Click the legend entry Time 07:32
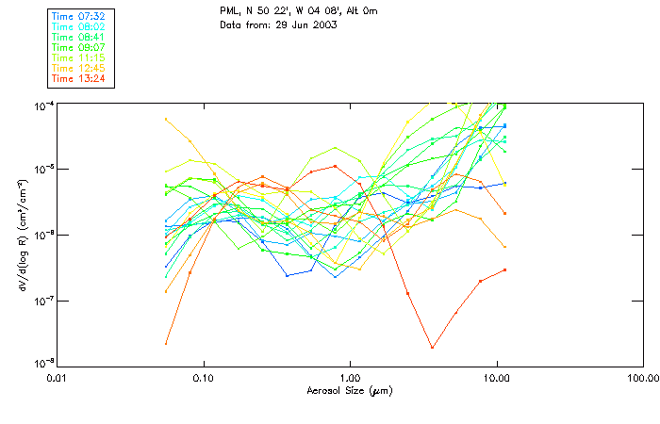tap(78, 16)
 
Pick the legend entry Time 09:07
tap(78, 47)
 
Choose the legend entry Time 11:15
tap(78, 57)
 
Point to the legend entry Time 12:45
tap(78, 68)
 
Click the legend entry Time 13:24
tap(78, 78)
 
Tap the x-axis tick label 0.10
tap(203, 378)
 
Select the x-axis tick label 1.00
tap(350, 378)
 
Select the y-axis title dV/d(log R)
tap(22, 235)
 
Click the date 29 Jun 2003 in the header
tap(305, 24)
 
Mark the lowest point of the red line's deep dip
tap(432, 348)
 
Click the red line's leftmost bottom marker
tap(166, 343)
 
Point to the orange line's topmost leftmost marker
tap(166, 119)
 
